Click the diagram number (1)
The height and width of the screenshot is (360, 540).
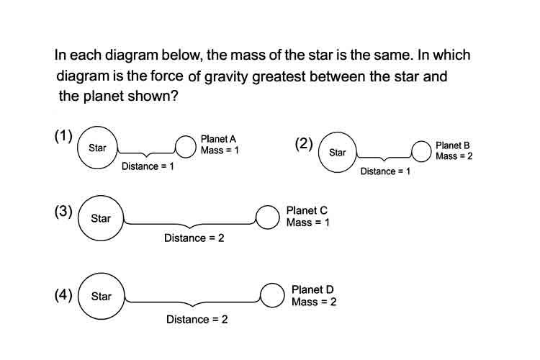click(x=63, y=136)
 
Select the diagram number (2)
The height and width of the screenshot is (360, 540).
click(x=304, y=144)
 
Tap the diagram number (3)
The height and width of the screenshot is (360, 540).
click(x=63, y=211)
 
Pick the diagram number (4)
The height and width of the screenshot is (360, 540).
click(x=63, y=295)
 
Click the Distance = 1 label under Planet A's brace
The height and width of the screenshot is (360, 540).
click(x=148, y=166)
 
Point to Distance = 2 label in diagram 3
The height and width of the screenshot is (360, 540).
click(x=194, y=238)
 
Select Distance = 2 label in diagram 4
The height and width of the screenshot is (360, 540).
click(x=197, y=320)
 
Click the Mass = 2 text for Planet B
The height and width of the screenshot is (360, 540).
click(x=454, y=156)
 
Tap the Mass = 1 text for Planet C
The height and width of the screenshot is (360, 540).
click(x=308, y=222)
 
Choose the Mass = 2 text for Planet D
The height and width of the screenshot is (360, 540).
click(x=314, y=302)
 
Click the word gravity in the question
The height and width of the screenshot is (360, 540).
click(x=226, y=77)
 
